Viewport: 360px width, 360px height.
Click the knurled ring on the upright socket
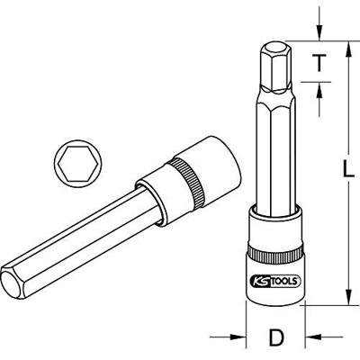(274, 244)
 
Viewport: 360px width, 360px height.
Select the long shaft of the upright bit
(274, 153)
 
